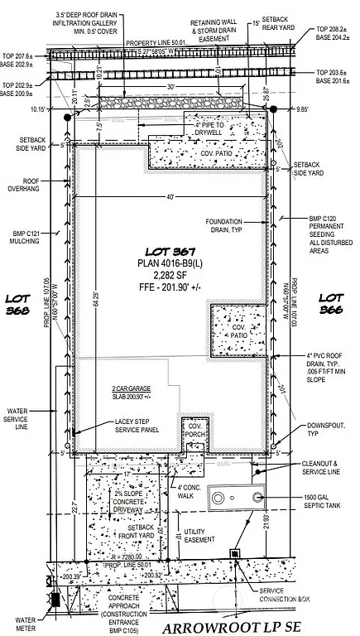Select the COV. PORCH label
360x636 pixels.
tap(195, 431)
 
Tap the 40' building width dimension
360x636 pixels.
tap(169, 196)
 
